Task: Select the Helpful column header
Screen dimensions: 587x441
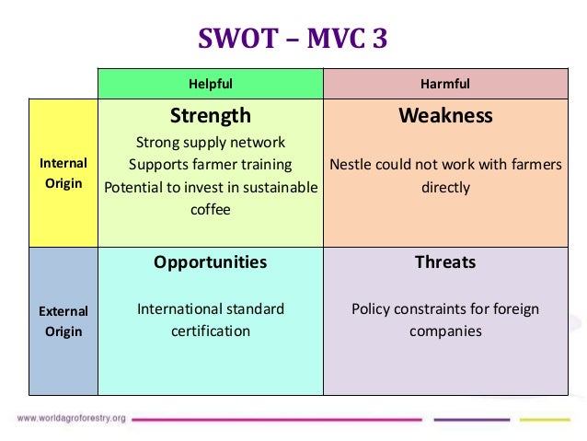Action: pyautogui.click(x=211, y=84)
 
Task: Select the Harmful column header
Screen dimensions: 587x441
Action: pyautogui.click(x=444, y=84)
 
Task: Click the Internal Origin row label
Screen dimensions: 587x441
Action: pyautogui.click(x=63, y=173)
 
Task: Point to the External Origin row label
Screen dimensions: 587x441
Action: pyautogui.click(x=63, y=321)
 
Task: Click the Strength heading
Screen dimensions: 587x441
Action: pyautogui.click(x=211, y=116)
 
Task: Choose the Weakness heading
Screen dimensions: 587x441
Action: pyautogui.click(x=445, y=116)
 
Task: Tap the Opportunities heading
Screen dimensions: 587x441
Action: pyautogui.click(x=211, y=262)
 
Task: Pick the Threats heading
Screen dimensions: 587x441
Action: pyautogui.click(x=445, y=262)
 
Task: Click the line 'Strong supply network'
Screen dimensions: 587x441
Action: pyautogui.click(x=211, y=143)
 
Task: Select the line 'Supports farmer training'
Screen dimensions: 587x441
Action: pyautogui.click(x=211, y=165)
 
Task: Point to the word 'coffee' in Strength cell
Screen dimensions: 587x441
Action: pyautogui.click(x=211, y=209)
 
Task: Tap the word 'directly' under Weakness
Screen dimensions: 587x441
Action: pyautogui.click(x=445, y=188)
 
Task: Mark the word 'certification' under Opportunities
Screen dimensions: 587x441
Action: pyautogui.click(x=211, y=331)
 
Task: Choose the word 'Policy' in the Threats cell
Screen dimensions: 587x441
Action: pyautogui.click(x=372, y=308)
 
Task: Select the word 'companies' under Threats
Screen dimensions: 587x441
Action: pyautogui.click(x=445, y=331)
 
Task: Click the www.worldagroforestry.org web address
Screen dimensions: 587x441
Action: pyautogui.click(x=72, y=419)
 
